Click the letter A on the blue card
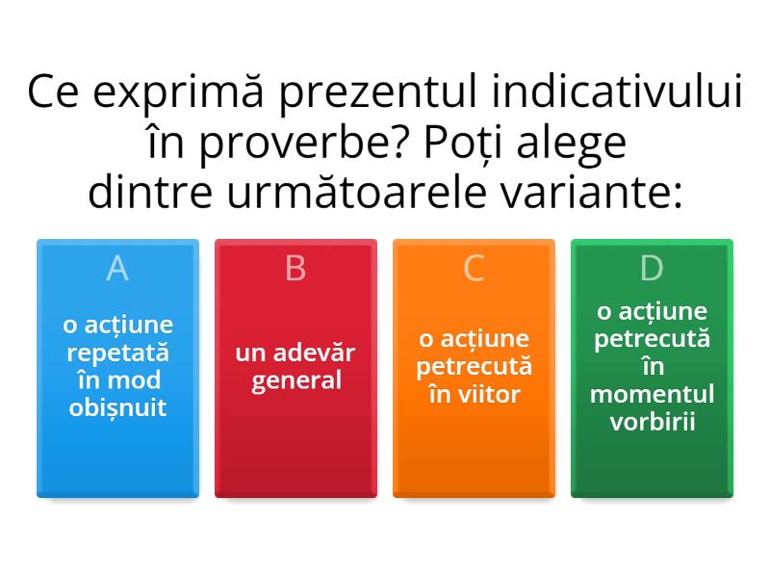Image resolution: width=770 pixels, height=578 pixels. click(x=117, y=269)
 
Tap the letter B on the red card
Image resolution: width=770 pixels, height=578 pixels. click(x=295, y=269)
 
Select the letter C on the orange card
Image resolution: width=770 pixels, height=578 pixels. click(x=474, y=269)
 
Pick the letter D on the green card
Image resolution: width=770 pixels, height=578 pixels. click(x=652, y=269)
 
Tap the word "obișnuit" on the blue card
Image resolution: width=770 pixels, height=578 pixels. click(x=117, y=407)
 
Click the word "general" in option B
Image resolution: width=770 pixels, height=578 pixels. click(x=295, y=381)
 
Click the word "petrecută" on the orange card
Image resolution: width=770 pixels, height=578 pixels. click(x=474, y=367)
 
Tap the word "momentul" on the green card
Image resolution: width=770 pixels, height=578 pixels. click(x=653, y=394)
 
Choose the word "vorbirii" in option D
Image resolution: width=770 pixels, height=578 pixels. click(x=653, y=422)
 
